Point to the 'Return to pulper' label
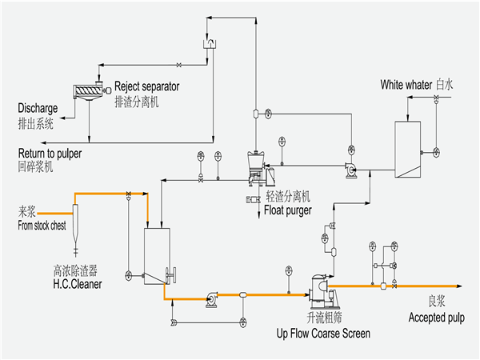(x=50, y=153)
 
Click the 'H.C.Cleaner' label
(x=78, y=282)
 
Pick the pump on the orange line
(x=211, y=298)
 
